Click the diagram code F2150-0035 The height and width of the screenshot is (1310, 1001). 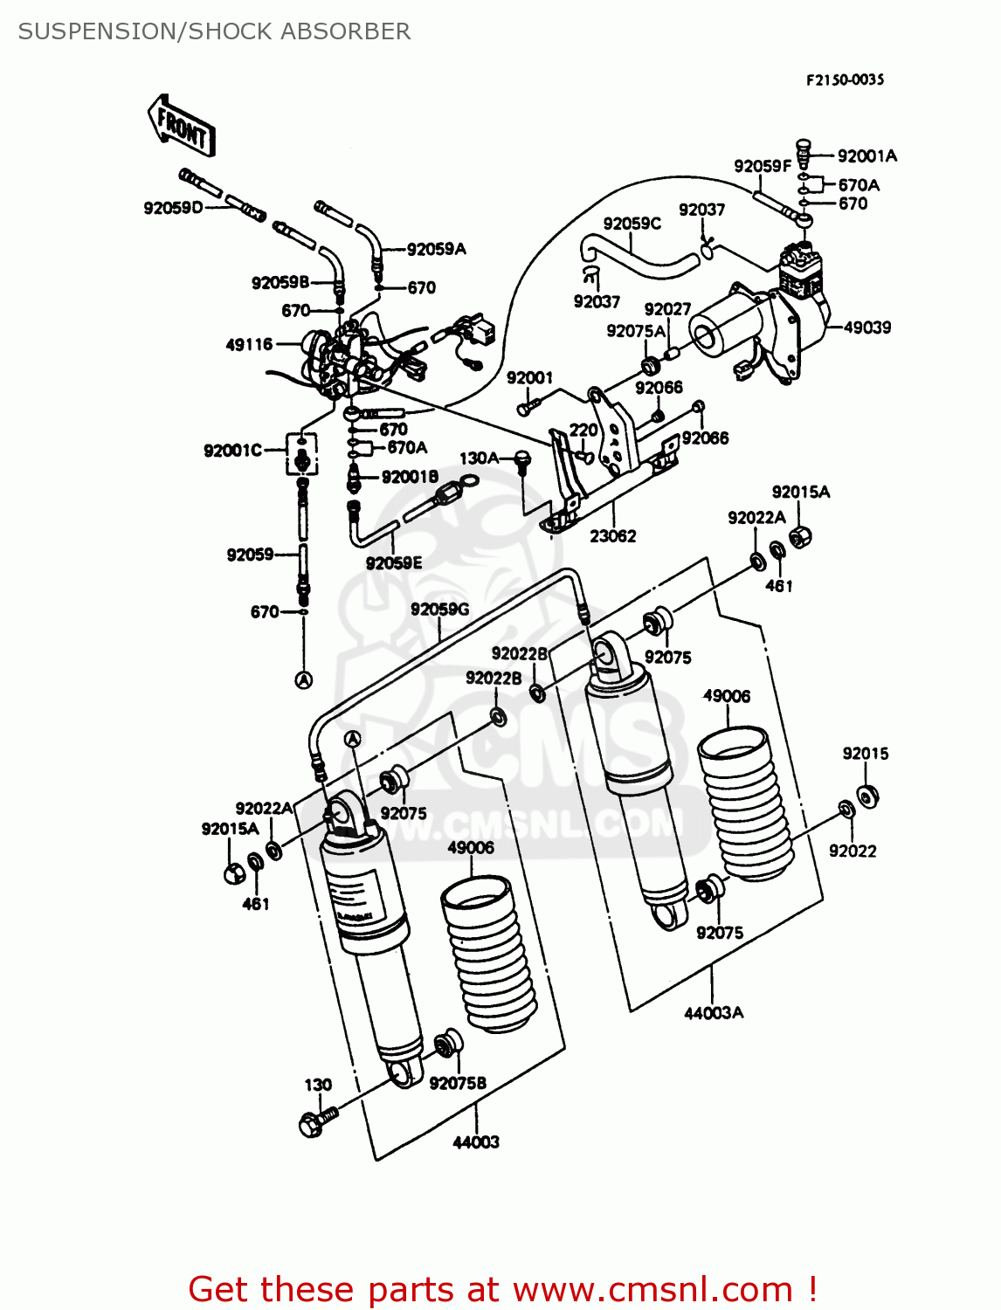coord(844,79)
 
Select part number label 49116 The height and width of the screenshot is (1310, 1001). coord(249,345)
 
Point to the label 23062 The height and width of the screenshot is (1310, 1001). coord(612,536)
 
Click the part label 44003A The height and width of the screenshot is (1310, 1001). coord(713,1013)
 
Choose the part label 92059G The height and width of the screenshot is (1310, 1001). coord(439,610)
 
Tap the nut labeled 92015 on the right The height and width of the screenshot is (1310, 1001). coord(867,796)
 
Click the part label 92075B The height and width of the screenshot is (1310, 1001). coord(457,1083)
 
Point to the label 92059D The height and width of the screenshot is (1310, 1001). coord(173,208)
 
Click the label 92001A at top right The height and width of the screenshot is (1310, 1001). coord(866,156)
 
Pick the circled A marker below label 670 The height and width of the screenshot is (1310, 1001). coord(303,679)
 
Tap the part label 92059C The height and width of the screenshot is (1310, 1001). coord(632,224)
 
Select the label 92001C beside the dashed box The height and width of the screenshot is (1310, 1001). coord(232,451)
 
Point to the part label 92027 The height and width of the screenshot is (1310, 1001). coord(667,309)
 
